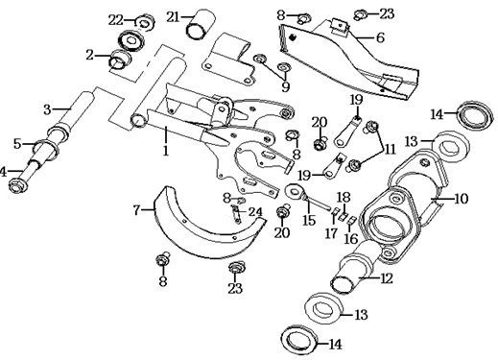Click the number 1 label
tap(165, 150)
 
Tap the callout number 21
tap(173, 17)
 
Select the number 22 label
tap(115, 21)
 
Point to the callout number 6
tap(380, 37)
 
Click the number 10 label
tap(461, 199)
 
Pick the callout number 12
tap(386, 278)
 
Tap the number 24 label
tap(255, 212)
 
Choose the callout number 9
tap(285, 86)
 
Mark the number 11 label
tap(390, 149)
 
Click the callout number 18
tap(344, 197)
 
